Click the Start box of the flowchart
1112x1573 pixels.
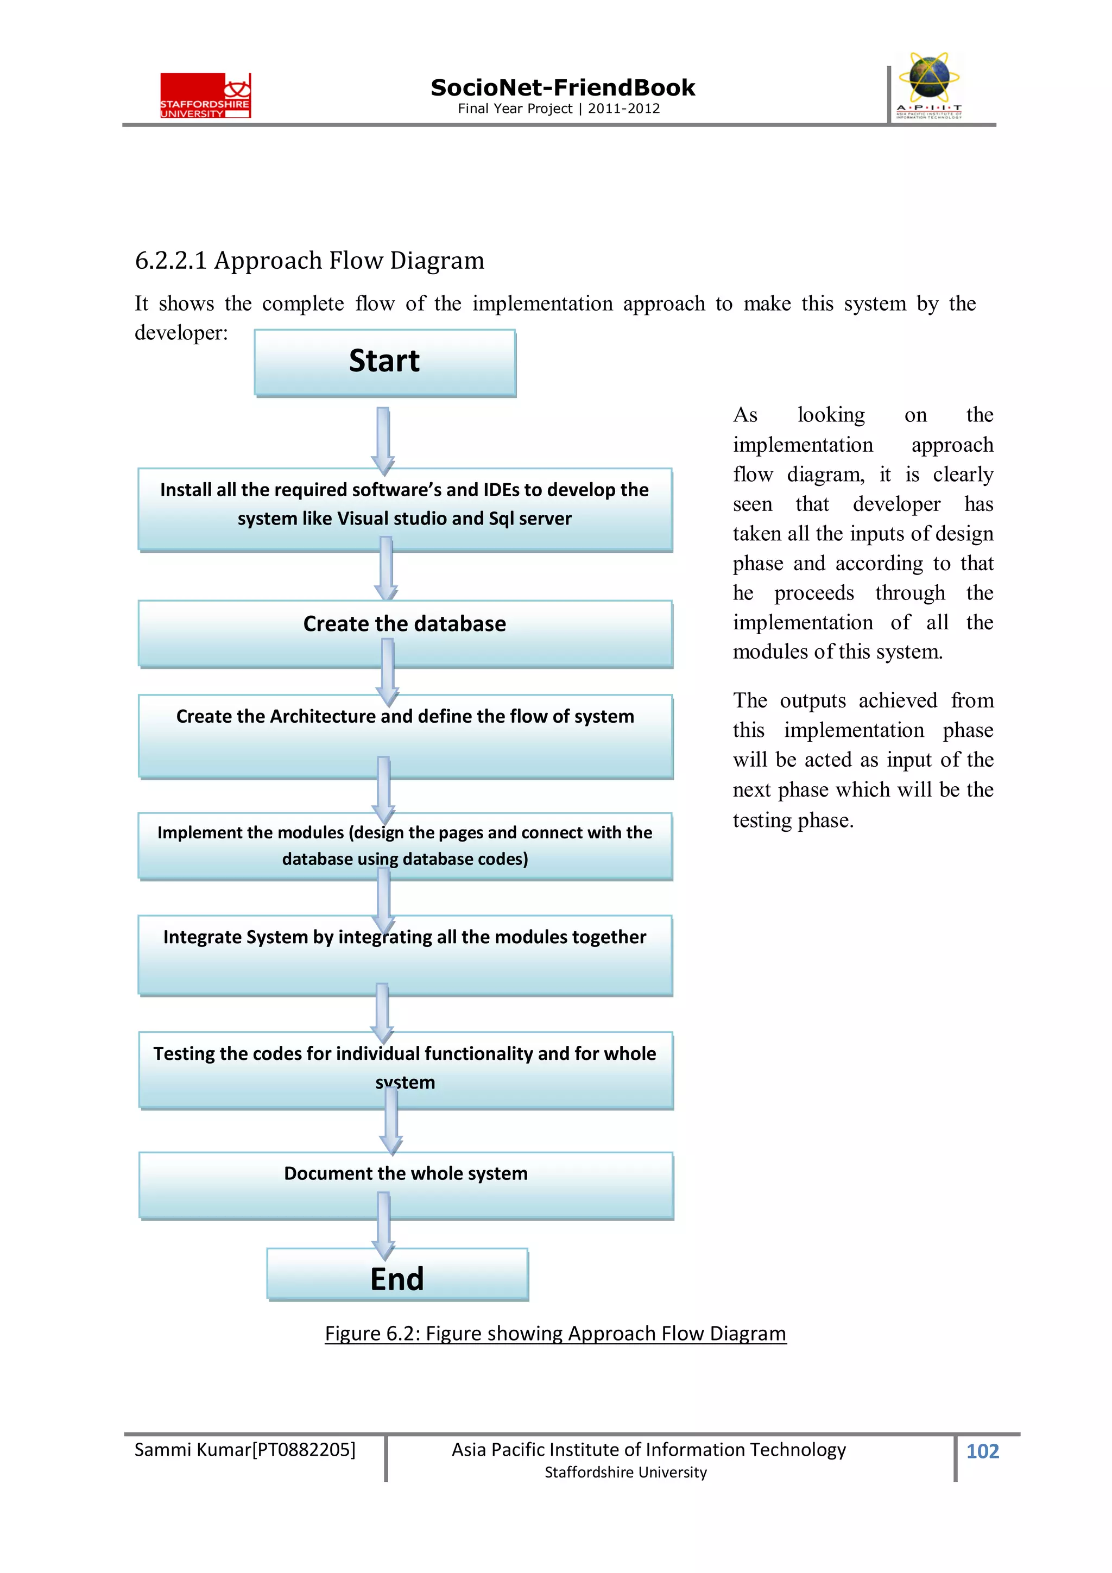coord(384,362)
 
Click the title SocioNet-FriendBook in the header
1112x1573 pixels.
coord(563,88)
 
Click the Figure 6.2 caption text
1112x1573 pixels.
coord(555,1333)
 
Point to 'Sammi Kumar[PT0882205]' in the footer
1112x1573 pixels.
coord(244,1450)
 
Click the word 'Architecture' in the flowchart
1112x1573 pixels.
coord(323,717)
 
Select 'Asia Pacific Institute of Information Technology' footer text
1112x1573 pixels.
coord(648,1450)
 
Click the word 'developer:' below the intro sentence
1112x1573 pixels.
coord(181,333)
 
